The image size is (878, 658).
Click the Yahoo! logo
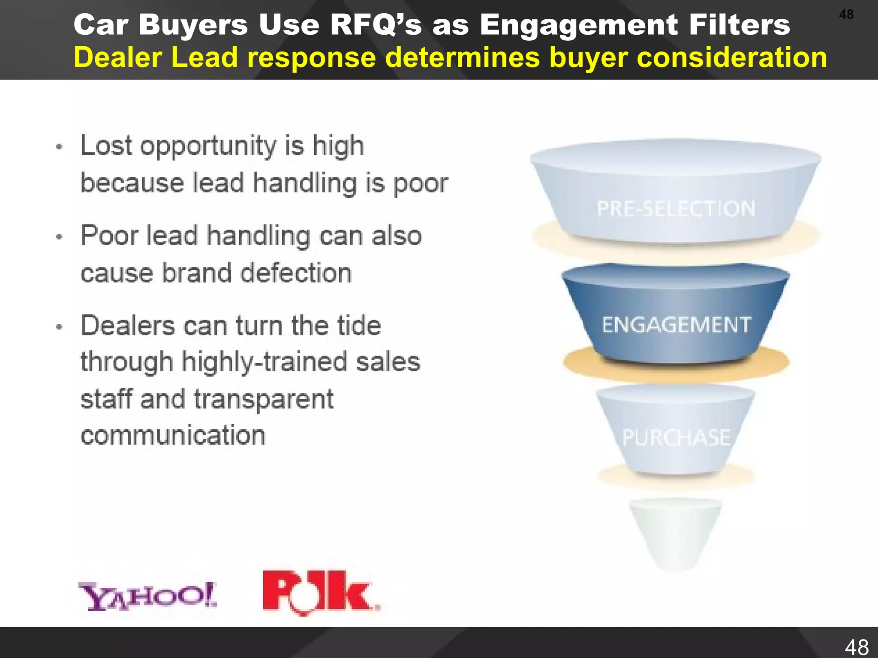[x=147, y=595]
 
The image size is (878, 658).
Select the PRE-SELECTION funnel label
[x=676, y=209]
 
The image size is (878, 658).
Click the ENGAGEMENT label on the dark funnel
[x=676, y=325]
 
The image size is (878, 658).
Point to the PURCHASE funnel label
[x=676, y=438]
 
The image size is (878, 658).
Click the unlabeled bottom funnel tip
[x=675, y=533]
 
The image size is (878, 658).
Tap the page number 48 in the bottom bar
[x=857, y=647]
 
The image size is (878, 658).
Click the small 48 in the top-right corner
[x=846, y=15]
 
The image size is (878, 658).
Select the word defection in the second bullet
[x=296, y=273]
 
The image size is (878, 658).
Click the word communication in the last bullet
[x=173, y=436]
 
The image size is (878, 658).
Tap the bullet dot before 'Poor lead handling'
[x=60, y=237]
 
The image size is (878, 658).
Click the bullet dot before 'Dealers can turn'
[x=60, y=327]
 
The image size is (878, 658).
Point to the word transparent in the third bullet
[x=264, y=399]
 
